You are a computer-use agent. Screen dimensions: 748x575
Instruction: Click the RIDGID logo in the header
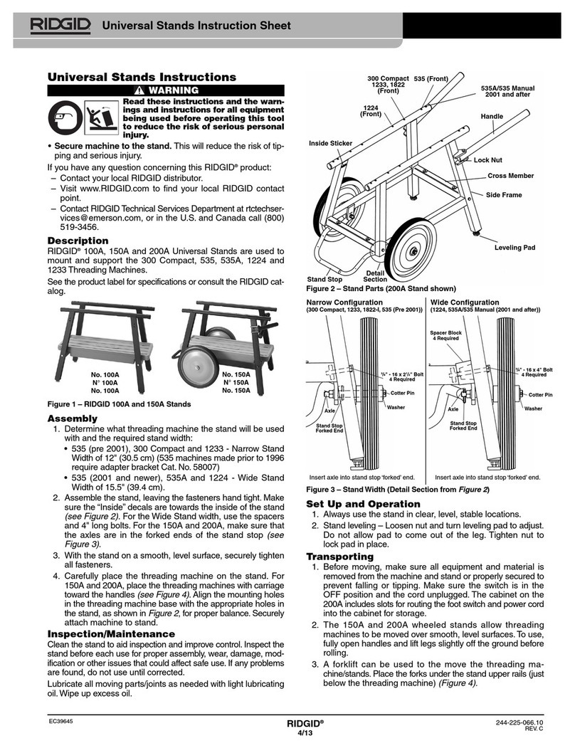60,26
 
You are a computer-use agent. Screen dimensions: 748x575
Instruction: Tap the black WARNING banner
166,90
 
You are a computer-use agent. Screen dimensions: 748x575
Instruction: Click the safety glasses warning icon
66,117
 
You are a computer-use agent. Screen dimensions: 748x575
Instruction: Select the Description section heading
78,241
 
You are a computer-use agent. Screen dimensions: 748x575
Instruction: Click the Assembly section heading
74,418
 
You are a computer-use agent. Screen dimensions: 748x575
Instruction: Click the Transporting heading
339,556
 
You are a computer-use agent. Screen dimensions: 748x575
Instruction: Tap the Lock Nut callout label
488,162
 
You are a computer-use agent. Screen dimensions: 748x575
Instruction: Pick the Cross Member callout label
510,175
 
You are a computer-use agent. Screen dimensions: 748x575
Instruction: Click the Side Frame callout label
504,194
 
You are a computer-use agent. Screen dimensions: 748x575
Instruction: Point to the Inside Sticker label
330,144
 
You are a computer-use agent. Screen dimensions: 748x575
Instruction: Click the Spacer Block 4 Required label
446,335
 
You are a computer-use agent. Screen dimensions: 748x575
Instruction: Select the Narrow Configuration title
344,302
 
